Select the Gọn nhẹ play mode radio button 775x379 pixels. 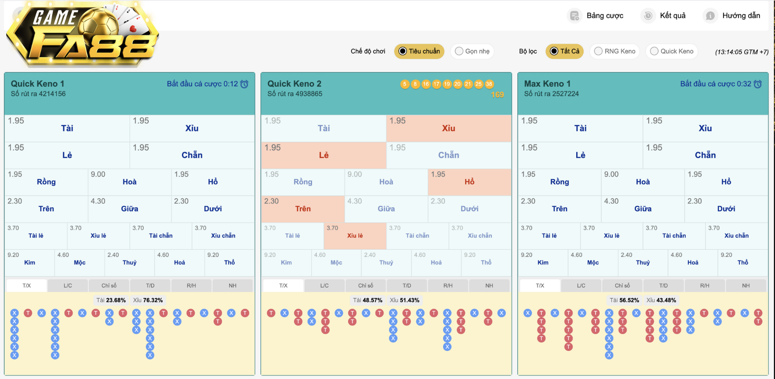click(472, 51)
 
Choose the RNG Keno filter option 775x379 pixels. click(615, 51)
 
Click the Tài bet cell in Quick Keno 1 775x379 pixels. click(67, 128)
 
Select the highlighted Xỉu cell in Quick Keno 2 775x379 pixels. click(449, 128)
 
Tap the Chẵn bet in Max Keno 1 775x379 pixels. click(705, 155)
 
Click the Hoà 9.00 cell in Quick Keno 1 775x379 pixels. click(129, 182)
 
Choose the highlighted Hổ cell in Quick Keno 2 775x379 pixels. click(469, 182)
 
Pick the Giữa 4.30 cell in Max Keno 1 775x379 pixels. click(643, 209)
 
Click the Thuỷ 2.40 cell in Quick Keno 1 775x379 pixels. click(129, 262)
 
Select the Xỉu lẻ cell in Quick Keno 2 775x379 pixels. click(355, 236)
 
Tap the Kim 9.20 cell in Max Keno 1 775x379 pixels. click(542, 262)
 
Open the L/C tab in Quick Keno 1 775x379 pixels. click(68, 286)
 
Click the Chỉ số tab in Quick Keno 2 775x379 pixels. click(366, 286)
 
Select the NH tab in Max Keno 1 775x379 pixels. click(746, 286)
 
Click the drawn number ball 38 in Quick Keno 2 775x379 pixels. click(489, 84)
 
